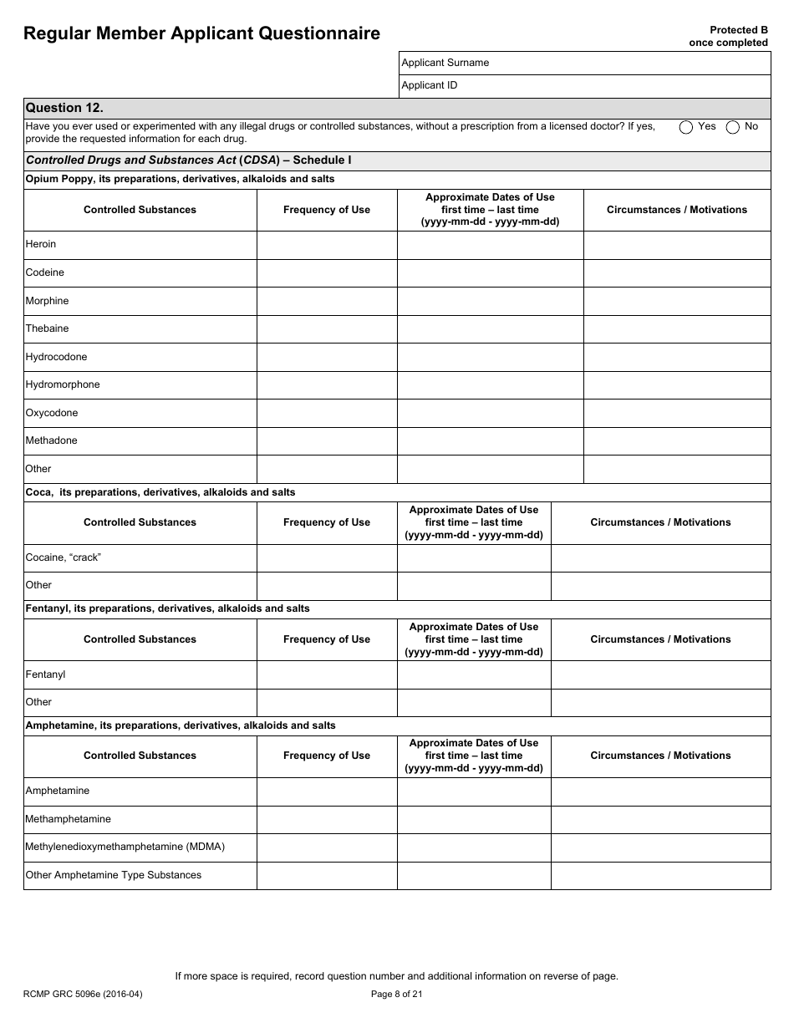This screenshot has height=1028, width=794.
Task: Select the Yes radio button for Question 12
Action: pos(686,127)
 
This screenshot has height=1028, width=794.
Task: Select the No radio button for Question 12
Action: pos(733,127)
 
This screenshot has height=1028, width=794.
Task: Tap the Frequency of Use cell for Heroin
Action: pos(326,245)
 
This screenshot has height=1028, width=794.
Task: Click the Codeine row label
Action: pos(45,272)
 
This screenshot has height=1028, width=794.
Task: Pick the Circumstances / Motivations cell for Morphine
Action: pos(676,301)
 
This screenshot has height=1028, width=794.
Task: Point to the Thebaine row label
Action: pos(47,328)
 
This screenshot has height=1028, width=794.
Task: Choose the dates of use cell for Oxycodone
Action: pos(490,413)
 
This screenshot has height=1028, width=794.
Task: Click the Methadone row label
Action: pos(51,440)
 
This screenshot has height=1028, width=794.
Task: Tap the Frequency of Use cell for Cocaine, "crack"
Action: pos(326,557)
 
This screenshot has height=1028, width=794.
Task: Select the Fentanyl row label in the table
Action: pos(45,674)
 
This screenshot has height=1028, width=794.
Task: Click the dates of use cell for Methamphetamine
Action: pos(473,819)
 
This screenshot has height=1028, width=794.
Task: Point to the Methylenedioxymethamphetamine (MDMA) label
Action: pos(125,847)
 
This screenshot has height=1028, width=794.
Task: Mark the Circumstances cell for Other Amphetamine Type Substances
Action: pos(660,875)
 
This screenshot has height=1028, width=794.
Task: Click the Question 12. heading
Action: pos(64,108)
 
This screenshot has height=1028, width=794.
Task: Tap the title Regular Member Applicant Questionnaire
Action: pos(201,33)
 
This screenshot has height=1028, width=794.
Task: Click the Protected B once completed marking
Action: pos(728,36)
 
